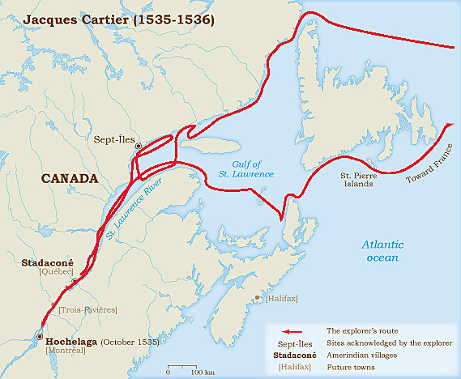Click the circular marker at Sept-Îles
click(x=139, y=146)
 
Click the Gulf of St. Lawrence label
click(x=245, y=169)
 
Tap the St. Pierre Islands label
click(x=356, y=178)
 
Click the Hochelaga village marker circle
click(x=39, y=336)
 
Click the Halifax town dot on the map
click(x=257, y=298)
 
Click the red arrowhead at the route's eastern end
click(x=448, y=125)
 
